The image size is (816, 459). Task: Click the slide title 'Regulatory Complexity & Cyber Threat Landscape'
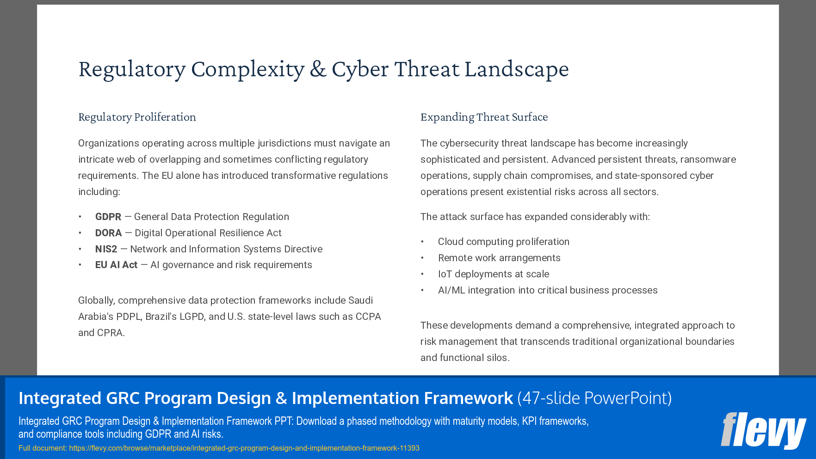[323, 69]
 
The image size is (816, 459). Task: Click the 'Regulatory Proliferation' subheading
[137, 117]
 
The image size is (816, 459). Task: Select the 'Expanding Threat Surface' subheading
[484, 117]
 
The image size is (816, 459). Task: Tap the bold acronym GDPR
[108, 217]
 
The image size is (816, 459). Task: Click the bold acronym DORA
[108, 233]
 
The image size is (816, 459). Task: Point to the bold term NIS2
[106, 249]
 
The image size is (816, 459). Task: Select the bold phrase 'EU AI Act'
[116, 265]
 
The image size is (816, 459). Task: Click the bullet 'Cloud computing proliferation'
[503, 242]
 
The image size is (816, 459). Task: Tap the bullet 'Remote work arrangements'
[499, 258]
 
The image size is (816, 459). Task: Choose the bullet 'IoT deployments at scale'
[493, 274]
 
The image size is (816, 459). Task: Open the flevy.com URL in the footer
[244, 448]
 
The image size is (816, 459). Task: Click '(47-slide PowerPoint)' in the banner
[594, 398]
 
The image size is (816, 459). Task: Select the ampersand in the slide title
[318, 69]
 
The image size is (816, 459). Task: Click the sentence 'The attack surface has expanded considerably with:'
[535, 217]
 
